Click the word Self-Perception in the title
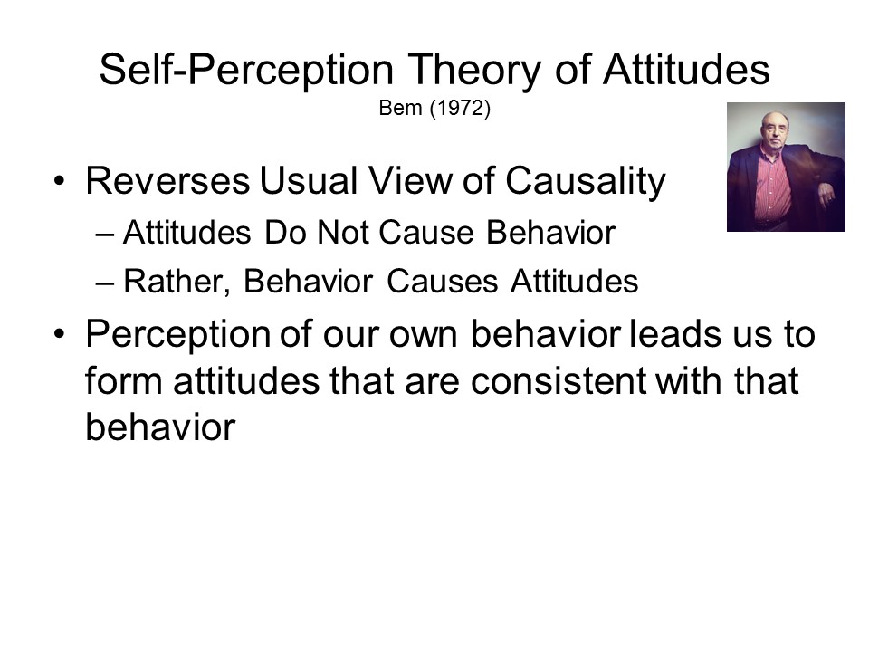pyautogui.click(x=246, y=70)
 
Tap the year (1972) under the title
pyautogui.click(x=460, y=108)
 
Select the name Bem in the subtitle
pyautogui.click(x=400, y=108)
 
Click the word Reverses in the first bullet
pyautogui.click(x=168, y=181)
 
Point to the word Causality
pyautogui.click(x=586, y=182)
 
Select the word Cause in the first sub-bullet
pyautogui.click(x=425, y=232)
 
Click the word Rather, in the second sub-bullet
pyautogui.click(x=177, y=281)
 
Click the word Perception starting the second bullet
pyautogui.click(x=177, y=335)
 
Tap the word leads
pyautogui.click(x=674, y=334)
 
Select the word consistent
pyautogui.click(x=559, y=381)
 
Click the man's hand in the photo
pyautogui.click(x=826, y=195)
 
